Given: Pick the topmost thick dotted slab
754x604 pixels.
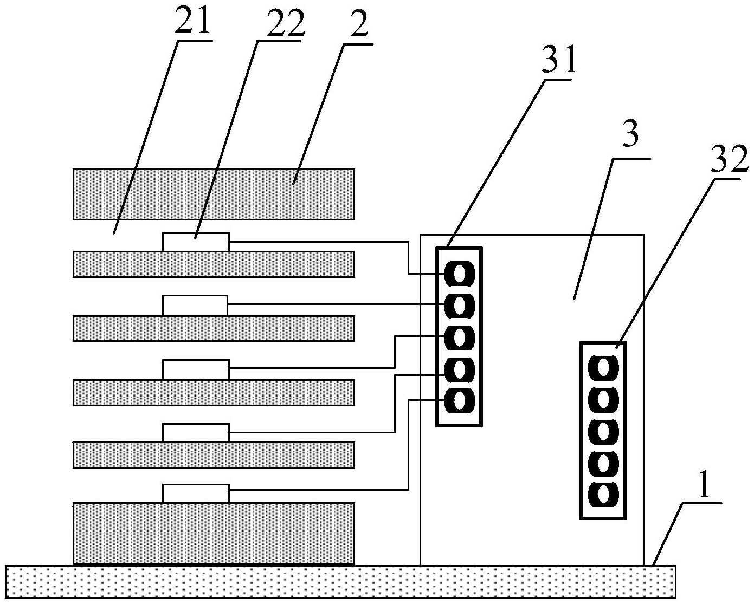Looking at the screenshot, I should [x=214, y=194].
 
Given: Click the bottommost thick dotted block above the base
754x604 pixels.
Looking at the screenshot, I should [x=214, y=533].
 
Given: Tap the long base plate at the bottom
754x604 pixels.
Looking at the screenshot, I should [x=340, y=582].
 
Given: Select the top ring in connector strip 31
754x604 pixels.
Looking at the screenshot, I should [x=459, y=274].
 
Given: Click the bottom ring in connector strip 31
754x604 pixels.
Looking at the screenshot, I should [x=459, y=401].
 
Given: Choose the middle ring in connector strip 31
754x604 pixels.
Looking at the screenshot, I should [x=459, y=338].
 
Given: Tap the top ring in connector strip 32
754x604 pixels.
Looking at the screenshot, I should [x=602, y=368].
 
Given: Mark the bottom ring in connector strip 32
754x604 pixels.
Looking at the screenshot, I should [x=602, y=494].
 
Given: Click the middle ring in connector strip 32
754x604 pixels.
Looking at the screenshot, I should [x=602, y=431].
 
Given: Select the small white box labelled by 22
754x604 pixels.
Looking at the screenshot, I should [x=196, y=242].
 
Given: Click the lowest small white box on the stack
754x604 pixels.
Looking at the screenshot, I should [x=196, y=493].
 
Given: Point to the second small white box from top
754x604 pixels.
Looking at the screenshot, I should [x=195, y=306].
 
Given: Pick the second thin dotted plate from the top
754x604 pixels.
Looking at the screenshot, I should [x=214, y=328].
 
